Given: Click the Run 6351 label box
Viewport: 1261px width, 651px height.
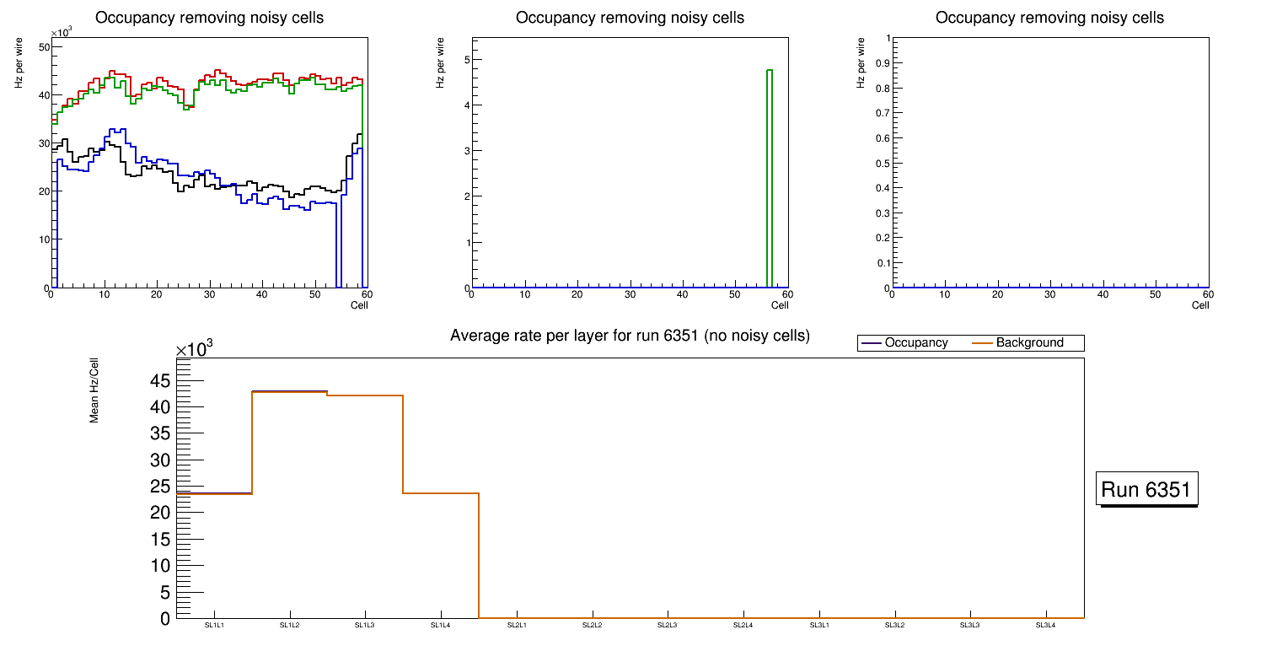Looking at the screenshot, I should tap(1146, 489).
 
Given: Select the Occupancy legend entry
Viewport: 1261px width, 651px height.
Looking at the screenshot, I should tap(915, 343).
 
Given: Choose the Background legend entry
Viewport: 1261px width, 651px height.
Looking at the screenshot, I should tap(1029, 343).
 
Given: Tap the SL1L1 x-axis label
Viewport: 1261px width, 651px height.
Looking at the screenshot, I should tap(214, 625).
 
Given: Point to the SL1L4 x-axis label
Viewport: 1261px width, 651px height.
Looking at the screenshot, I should tap(441, 625).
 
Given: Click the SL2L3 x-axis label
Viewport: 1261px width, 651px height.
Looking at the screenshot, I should tap(668, 625).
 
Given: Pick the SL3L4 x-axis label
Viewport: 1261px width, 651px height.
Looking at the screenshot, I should tap(1045, 625).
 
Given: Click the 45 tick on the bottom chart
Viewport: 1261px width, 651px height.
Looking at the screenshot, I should tap(160, 381).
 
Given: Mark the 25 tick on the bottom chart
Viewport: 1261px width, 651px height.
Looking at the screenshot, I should tap(160, 487).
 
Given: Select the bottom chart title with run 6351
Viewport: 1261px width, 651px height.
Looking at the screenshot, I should tap(630, 336).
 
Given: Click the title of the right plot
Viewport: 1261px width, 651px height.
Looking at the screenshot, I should tap(1049, 18).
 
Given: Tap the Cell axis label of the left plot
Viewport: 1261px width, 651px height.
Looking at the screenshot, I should tap(359, 304).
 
